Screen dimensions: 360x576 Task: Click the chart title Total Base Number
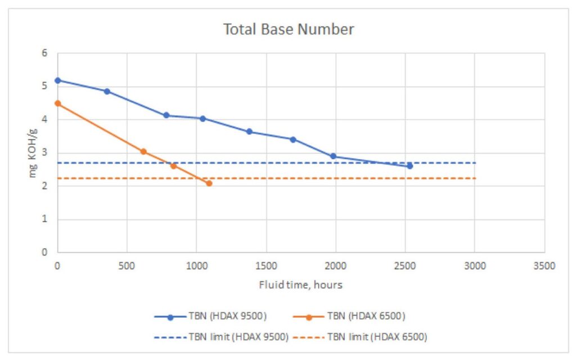coord(289,29)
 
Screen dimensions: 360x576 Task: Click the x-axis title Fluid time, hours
coord(300,285)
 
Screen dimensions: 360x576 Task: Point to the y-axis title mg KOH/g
coord(34,153)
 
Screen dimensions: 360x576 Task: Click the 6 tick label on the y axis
coord(44,53)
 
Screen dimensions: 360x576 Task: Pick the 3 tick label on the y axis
coord(44,153)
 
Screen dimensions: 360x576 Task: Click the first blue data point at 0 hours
coord(57,80)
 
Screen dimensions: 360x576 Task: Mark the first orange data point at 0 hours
coord(57,103)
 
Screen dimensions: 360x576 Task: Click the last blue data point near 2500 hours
coord(409,166)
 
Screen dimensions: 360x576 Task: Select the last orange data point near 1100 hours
coord(209,183)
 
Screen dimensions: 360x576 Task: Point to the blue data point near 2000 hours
coord(333,156)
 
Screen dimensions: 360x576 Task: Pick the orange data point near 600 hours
coord(143,151)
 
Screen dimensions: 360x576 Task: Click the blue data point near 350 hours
coord(107,91)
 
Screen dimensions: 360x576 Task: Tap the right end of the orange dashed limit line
coord(475,178)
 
